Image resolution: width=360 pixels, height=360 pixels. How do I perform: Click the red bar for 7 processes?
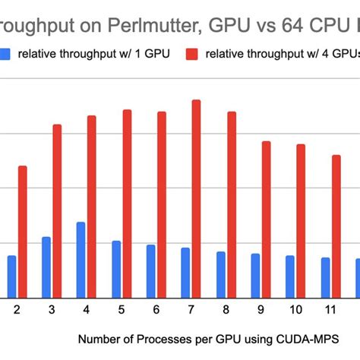196,198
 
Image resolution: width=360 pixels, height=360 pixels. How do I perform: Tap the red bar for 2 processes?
22,231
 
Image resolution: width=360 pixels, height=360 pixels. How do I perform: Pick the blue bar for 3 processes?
46,267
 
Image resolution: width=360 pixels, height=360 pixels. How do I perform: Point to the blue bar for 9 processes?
255,275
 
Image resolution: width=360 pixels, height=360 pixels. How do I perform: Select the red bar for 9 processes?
266,219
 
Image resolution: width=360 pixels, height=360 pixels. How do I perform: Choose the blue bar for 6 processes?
150,270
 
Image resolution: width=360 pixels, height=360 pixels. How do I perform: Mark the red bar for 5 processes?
127,203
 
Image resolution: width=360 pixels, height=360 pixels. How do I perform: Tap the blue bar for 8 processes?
220,273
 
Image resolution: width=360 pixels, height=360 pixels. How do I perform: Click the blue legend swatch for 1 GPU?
6,54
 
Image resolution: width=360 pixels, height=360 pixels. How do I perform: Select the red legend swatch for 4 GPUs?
192,54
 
